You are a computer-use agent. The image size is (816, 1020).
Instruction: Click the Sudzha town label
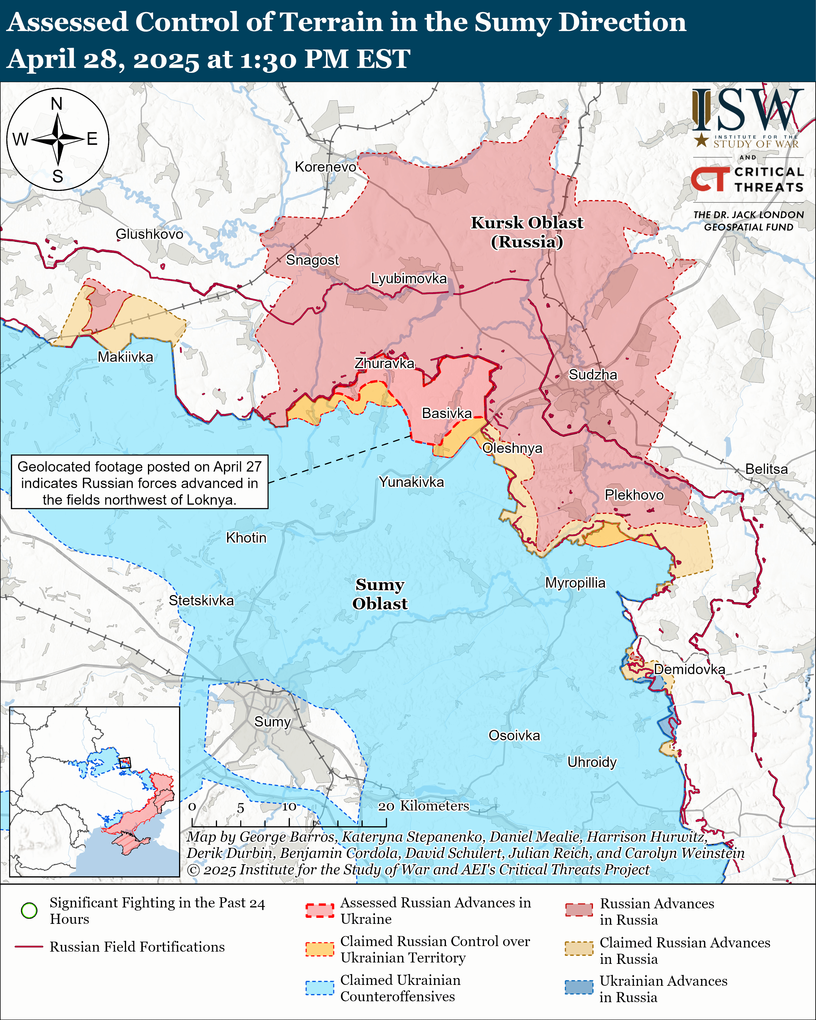coord(592,375)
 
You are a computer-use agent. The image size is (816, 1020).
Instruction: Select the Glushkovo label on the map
coord(149,234)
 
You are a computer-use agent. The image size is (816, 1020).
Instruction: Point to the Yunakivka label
coord(412,482)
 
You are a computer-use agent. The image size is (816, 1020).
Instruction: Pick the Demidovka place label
coord(689,669)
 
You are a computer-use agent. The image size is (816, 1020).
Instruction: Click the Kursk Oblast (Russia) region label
coord(527,232)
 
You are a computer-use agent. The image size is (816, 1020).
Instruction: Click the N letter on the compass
coord(57,104)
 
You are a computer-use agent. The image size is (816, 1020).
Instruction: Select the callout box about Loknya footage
coord(140,482)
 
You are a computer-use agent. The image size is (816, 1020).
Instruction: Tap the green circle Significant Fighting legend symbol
coord(29,910)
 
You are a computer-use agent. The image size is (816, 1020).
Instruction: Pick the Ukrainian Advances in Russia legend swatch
coord(579,987)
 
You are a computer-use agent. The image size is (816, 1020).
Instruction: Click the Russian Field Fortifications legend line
coord(29,947)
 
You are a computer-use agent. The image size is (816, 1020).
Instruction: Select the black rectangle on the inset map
coord(125,763)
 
